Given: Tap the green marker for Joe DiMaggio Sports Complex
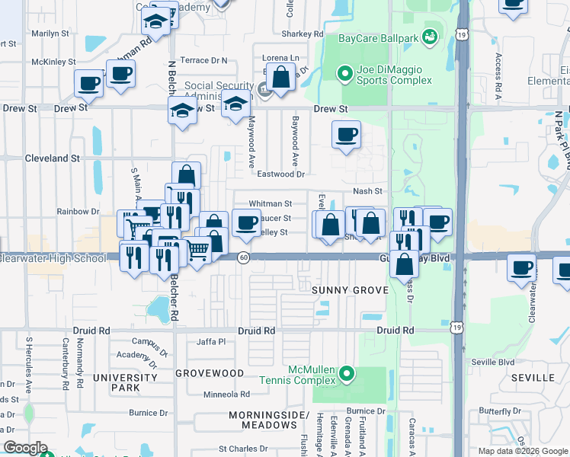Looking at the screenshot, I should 344,74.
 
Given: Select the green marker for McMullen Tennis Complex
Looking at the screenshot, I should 347,373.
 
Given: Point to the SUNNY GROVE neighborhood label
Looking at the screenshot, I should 351,291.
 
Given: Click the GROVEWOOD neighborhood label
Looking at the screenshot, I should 210,373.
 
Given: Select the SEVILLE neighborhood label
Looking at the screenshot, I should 533,378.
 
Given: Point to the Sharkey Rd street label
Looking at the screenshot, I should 302,34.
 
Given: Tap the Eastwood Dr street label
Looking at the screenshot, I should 280,174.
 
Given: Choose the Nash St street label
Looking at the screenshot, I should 367,191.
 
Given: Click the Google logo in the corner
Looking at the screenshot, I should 25,448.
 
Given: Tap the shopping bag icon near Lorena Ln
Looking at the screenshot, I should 280,77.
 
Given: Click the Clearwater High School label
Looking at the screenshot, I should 53,259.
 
